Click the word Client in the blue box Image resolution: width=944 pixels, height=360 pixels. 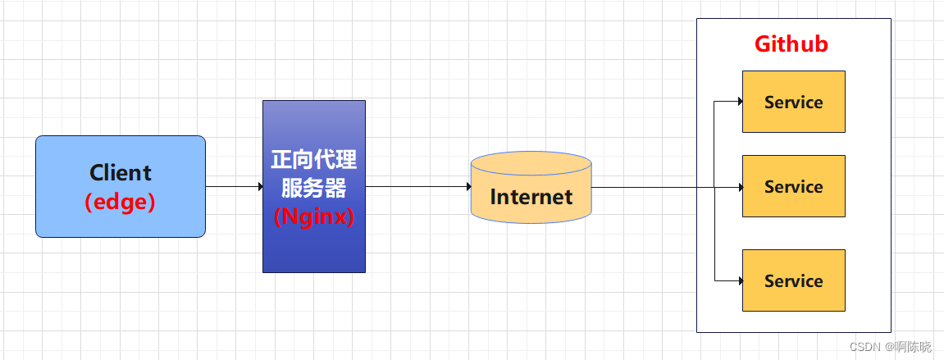point(121,173)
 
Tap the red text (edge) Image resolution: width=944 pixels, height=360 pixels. point(121,202)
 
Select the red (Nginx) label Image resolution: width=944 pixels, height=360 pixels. point(314,217)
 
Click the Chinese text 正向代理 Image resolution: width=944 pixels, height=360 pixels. point(314,159)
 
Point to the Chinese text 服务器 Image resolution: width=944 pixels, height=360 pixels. point(314,188)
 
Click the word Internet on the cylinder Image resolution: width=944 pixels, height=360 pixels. point(531,197)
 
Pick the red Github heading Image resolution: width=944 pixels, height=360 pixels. point(791,44)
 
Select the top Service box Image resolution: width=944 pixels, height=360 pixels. point(793,102)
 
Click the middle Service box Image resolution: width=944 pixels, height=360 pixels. point(793,186)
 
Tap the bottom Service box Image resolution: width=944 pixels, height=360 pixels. point(793,280)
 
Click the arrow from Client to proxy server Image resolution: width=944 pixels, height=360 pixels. point(234,187)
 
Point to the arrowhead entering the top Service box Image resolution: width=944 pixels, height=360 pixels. point(739,102)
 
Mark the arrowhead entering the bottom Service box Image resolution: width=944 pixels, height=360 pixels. point(739,280)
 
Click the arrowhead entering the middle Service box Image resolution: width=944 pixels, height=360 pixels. point(739,187)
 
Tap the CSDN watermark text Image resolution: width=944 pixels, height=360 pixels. point(864,347)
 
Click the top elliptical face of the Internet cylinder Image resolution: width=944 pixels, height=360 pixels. point(531,163)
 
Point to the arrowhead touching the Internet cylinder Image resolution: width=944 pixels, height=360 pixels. point(467,187)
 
